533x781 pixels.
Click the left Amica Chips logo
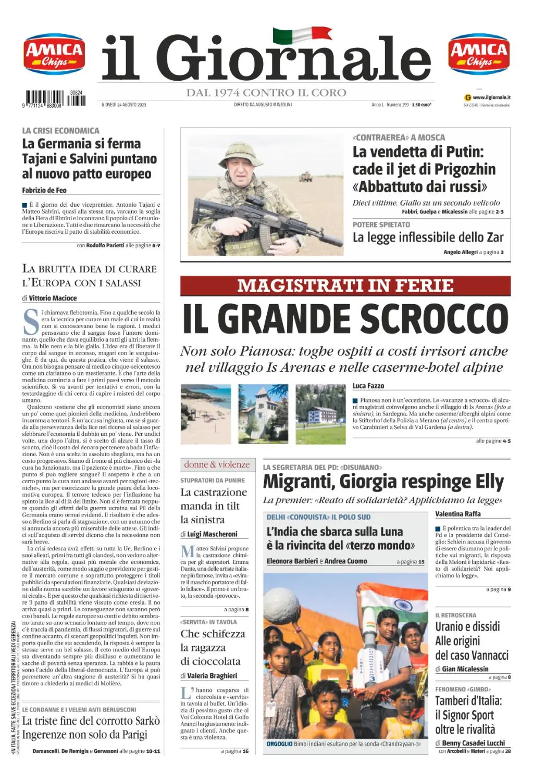point(54,55)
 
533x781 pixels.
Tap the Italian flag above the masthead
point(302,35)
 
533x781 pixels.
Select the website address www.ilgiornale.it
point(491,97)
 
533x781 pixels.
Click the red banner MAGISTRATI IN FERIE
point(345,286)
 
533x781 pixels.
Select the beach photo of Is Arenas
point(205,414)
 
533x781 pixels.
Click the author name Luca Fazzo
point(368,386)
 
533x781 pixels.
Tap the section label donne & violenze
point(217,464)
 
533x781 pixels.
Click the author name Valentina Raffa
point(458,514)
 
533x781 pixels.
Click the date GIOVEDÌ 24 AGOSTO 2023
point(124,105)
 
